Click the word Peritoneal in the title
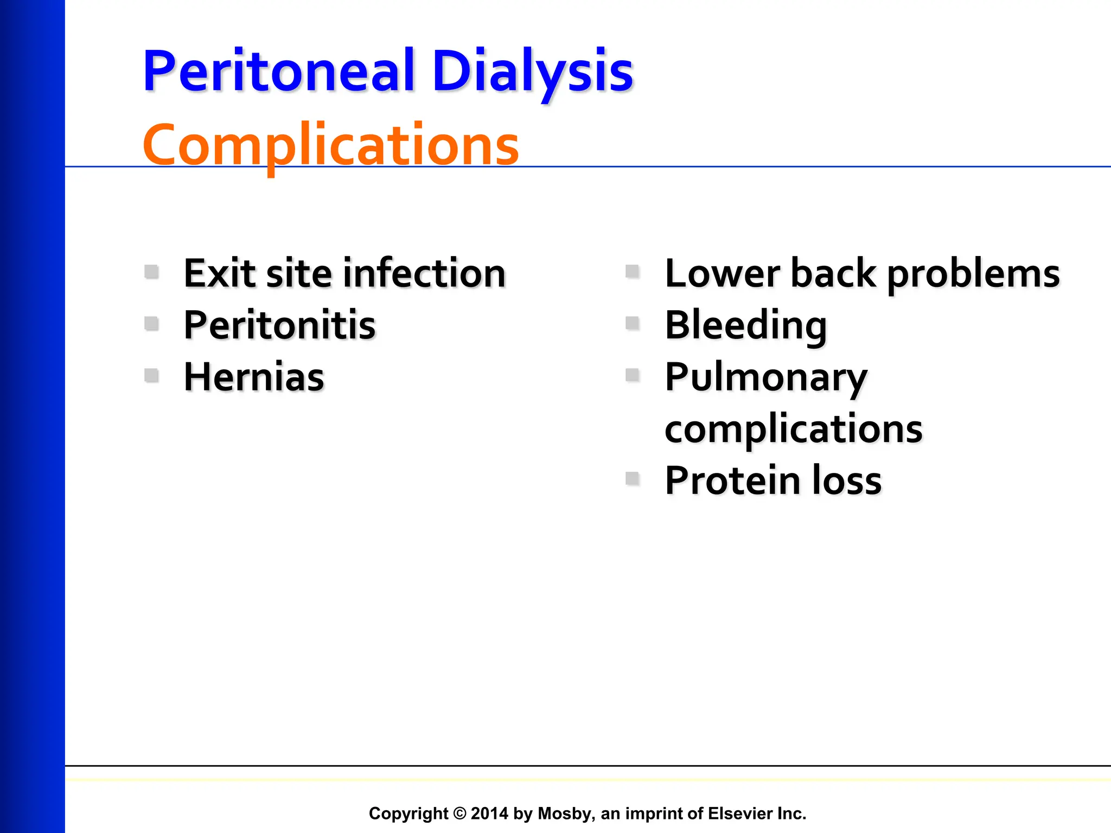click(278, 72)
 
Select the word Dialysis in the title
click(533, 72)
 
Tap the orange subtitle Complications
click(331, 145)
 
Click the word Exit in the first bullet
click(219, 273)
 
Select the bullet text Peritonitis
click(279, 325)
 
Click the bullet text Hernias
click(254, 377)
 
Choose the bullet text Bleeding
click(746, 325)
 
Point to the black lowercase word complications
click(793, 429)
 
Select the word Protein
click(732, 481)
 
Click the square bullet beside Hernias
click(152, 375)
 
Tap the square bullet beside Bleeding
click(633, 323)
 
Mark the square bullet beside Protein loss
click(633, 478)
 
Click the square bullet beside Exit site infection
click(152, 271)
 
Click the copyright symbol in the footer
click(459, 813)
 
